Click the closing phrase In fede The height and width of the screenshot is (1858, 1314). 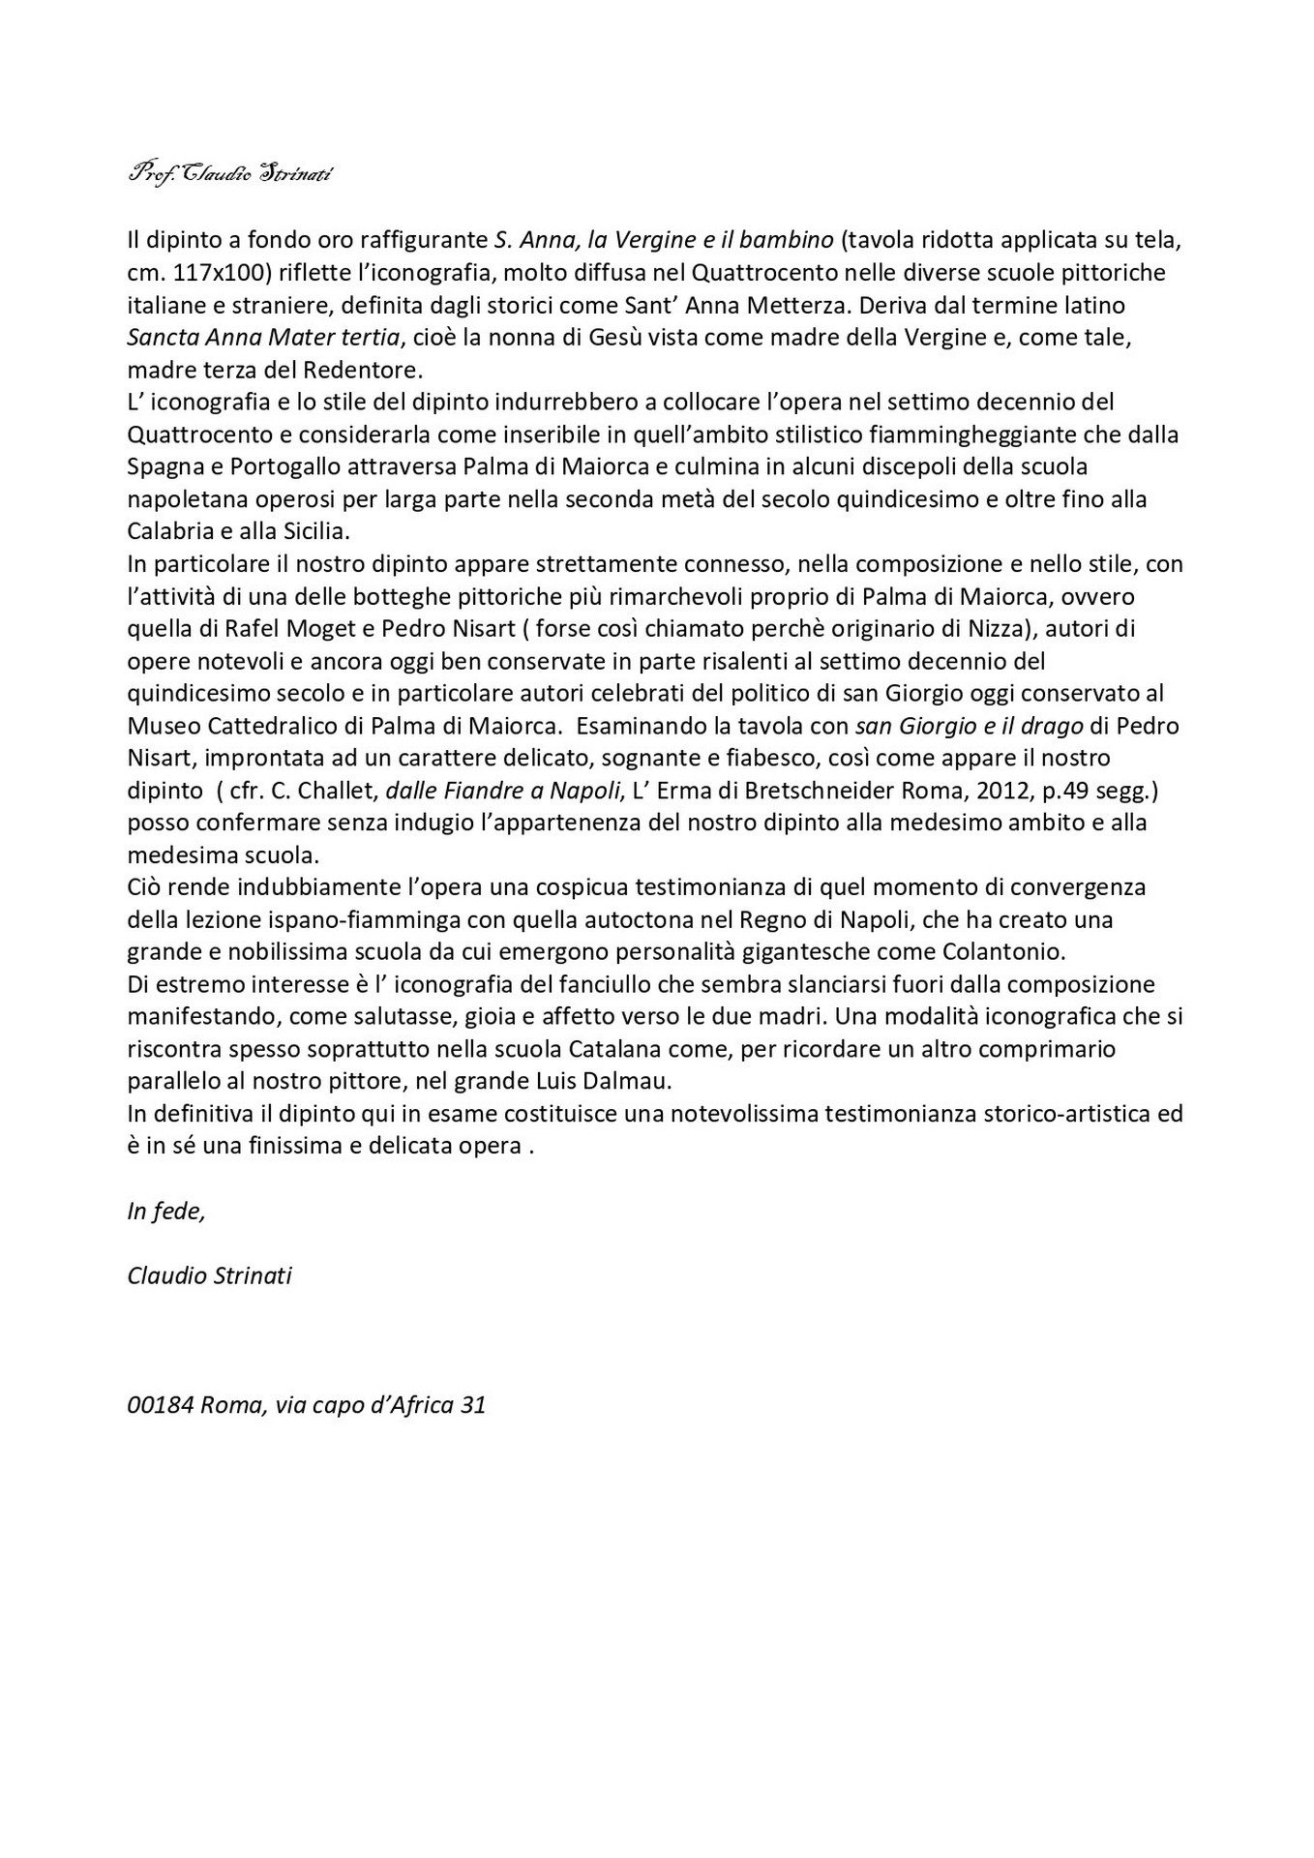coord(165,1211)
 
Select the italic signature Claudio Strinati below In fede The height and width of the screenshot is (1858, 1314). coord(209,1275)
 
